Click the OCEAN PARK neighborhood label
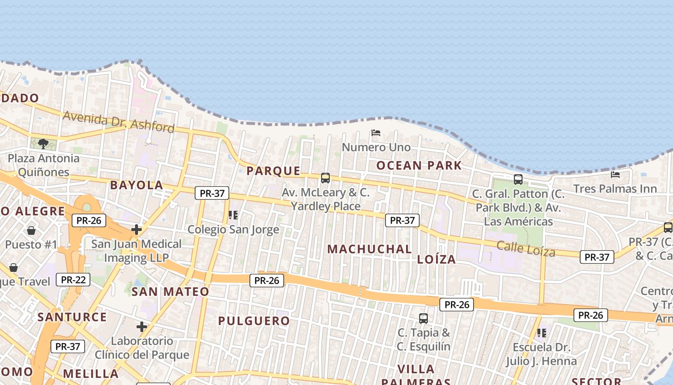pyautogui.click(x=419, y=166)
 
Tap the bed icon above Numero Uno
pyautogui.click(x=376, y=133)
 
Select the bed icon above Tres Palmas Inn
pyautogui.click(x=615, y=174)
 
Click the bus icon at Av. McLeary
pyautogui.click(x=325, y=178)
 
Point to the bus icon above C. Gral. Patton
pyautogui.click(x=518, y=180)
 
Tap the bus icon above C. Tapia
pyautogui.click(x=423, y=318)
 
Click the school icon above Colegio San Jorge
pyautogui.click(x=233, y=215)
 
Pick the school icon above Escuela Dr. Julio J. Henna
pyautogui.click(x=542, y=333)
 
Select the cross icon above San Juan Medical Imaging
pyautogui.click(x=137, y=230)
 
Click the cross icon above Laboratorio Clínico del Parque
pyautogui.click(x=142, y=327)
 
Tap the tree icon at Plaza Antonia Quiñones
pyautogui.click(x=43, y=143)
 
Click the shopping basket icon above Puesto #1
pyautogui.click(x=31, y=231)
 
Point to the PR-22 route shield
pyautogui.click(x=73, y=279)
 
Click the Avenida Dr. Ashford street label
pyautogui.click(x=118, y=122)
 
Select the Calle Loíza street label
pyautogui.click(x=525, y=248)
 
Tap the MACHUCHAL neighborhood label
pyautogui.click(x=369, y=249)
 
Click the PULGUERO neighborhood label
pyautogui.click(x=254, y=321)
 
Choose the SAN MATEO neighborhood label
pyautogui.click(x=170, y=291)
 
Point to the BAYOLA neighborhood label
pyautogui.click(x=137, y=185)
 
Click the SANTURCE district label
pyautogui.click(x=72, y=317)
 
